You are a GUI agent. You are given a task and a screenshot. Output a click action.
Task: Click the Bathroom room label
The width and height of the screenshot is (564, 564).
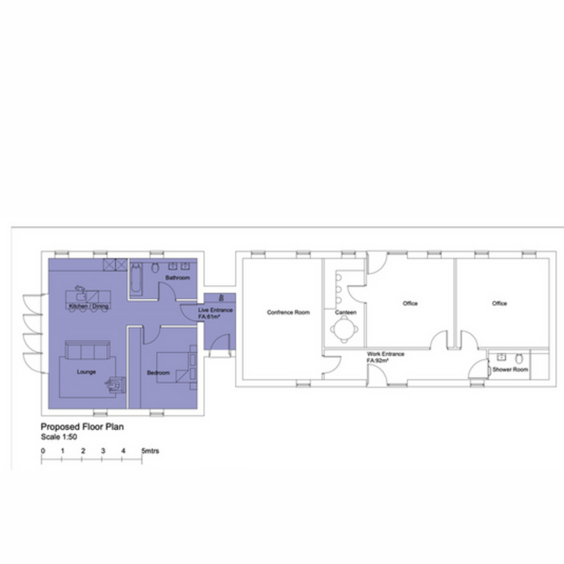177,277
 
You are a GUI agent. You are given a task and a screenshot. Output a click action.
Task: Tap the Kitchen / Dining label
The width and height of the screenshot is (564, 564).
89,306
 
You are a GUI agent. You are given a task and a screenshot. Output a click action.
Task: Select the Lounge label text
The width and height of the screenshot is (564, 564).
86,372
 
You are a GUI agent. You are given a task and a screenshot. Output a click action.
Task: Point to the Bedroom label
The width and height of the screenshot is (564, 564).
158,373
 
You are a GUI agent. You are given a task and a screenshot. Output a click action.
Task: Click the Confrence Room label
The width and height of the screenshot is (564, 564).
288,312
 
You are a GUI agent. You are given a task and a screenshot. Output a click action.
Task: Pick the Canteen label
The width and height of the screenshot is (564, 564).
345,312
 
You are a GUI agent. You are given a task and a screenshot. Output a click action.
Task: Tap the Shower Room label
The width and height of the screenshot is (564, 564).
510,369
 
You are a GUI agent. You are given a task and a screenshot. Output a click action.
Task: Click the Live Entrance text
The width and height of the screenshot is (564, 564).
215,310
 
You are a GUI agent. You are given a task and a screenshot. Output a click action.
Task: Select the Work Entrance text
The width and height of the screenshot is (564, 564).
385,354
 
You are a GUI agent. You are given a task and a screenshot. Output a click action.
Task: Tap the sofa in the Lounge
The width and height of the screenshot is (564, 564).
87,350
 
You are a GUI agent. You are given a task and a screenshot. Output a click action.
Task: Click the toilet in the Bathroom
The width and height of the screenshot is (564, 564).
155,267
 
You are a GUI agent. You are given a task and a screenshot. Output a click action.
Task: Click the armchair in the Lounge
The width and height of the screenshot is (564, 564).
116,385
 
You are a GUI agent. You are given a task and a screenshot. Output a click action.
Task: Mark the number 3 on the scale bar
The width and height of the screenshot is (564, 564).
103,451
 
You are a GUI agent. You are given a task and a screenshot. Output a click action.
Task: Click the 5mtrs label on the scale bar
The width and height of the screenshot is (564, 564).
150,451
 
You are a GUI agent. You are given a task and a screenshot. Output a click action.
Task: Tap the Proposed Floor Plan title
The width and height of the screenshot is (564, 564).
82,427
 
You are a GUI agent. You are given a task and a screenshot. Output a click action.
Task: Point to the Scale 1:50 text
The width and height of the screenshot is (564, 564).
59,437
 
